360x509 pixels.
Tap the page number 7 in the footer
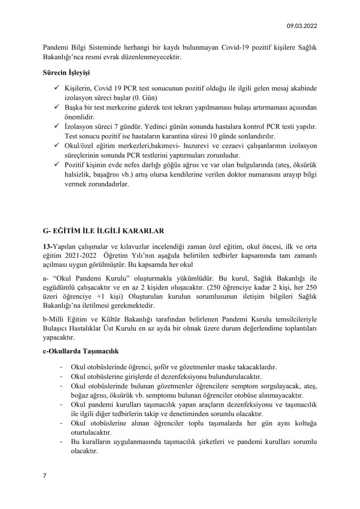44,476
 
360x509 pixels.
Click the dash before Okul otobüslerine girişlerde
61,377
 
